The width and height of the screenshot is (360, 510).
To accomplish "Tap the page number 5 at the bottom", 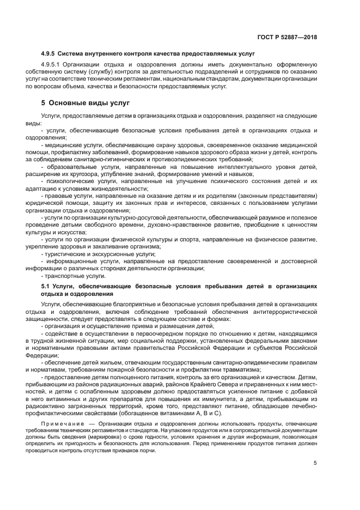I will pyautogui.click(x=315, y=464).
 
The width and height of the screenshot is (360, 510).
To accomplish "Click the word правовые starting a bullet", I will pyautogui.click(x=58, y=195).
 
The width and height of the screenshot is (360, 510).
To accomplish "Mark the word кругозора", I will pyautogui.click(x=89, y=173).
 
